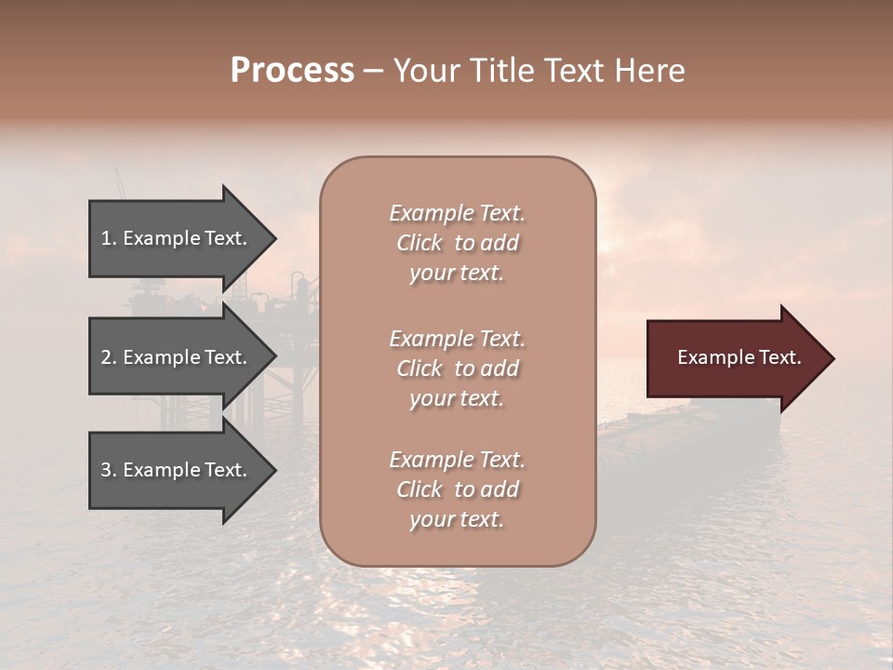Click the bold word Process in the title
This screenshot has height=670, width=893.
pos(292,71)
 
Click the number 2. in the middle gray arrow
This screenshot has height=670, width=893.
pos(109,357)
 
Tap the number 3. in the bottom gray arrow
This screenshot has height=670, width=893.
pos(109,470)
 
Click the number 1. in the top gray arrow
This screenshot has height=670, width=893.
pos(108,238)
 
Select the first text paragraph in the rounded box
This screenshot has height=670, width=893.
pos(457,243)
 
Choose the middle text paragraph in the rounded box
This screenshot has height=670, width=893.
pos(457,368)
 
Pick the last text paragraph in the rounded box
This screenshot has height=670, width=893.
pos(457,489)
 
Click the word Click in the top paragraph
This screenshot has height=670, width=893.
pos(419,243)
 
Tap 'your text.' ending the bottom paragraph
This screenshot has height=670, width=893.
pos(457,519)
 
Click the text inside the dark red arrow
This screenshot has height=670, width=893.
pos(740,357)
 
